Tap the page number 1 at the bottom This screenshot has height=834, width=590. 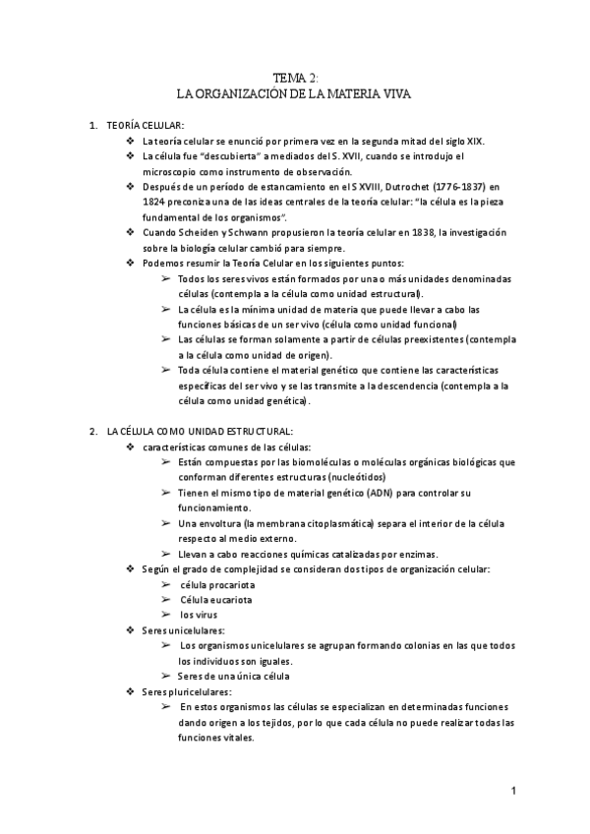[x=513, y=791]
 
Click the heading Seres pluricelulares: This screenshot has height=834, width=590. [x=187, y=691]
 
